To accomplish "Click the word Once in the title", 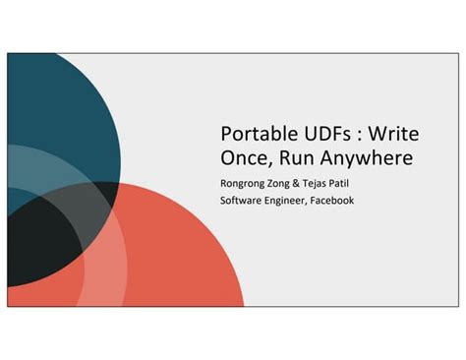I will pyautogui.click(x=244, y=157).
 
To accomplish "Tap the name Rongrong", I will pyautogui.click(x=243, y=182).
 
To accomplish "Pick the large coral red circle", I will pyautogui.click(x=167, y=256).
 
